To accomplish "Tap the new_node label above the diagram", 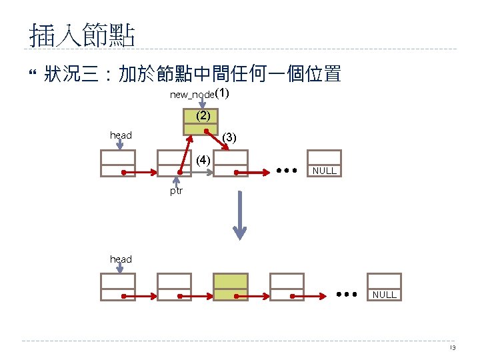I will pos(191,95).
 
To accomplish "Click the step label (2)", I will pos(203,115).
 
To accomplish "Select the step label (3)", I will pos(229,137).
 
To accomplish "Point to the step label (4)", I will pos(203,160).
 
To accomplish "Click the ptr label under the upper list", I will pos(176,191).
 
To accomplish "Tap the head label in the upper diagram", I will pos(121,135).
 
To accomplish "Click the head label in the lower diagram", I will pos(121,259).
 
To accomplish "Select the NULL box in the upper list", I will pos(324,171).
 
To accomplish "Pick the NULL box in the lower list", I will pos(384,294).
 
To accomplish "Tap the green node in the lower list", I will pos(230,287).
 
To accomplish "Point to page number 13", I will pos(452,348).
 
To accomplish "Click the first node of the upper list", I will pos(118,163).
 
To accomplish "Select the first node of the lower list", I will pos(117,287).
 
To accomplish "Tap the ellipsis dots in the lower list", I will pos(347,293).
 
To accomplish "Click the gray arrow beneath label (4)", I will pos(200,173).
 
